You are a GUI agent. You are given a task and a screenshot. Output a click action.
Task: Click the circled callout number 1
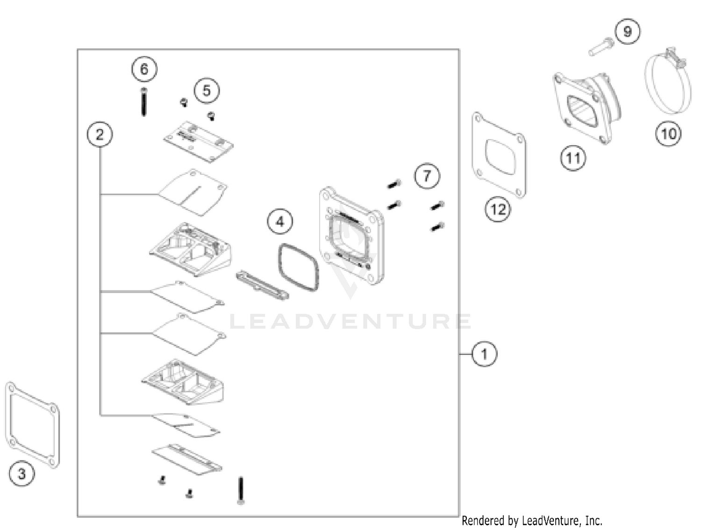pyautogui.click(x=484, y=354)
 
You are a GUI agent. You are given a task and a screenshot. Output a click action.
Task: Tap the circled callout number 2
pyautogui.click(x=100, y=135)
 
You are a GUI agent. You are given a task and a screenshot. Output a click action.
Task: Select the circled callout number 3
pyautogui.click(x=21, y=473)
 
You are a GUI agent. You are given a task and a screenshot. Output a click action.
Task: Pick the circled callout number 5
pyautogui.click(x=207, y=91)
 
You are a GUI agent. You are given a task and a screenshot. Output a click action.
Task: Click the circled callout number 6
pyautogui.click(x=144, y=69)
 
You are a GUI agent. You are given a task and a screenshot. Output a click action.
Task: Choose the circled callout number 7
pyautogui.click(x=427, y=176)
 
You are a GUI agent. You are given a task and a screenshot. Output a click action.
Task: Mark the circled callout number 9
pyautogui.click(x=627, y=31)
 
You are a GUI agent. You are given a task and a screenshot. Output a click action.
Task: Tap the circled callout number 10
pyautogui.click(x=668, y=134)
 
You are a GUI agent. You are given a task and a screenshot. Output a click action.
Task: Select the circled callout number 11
pyautogui.click(x=573, y=158)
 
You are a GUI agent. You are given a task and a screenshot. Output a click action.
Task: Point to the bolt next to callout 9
pyautogui.click(x=601, y=46)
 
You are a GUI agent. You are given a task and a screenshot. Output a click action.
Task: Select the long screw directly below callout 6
pyautogui.click(x=143, y=102)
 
